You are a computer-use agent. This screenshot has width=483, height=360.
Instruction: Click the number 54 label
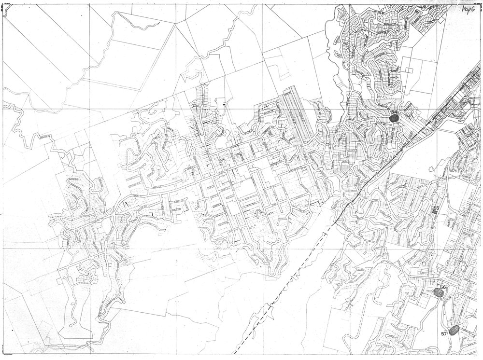pos(394,112)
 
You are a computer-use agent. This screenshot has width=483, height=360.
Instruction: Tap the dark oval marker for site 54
pos(394,119)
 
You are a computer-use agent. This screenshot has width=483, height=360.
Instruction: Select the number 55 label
pos(436,208)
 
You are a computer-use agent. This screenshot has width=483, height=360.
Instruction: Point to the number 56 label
pos(443,287)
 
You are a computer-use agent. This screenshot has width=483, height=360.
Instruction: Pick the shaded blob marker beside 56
pos(438,292)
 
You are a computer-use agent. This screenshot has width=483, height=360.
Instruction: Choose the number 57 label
pos(444,333)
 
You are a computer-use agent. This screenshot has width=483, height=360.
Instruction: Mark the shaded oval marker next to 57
pos(453,331)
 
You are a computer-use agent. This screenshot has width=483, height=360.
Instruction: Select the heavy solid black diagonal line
pos(386,164)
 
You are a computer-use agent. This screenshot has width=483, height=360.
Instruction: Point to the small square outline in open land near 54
pos(410,69)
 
